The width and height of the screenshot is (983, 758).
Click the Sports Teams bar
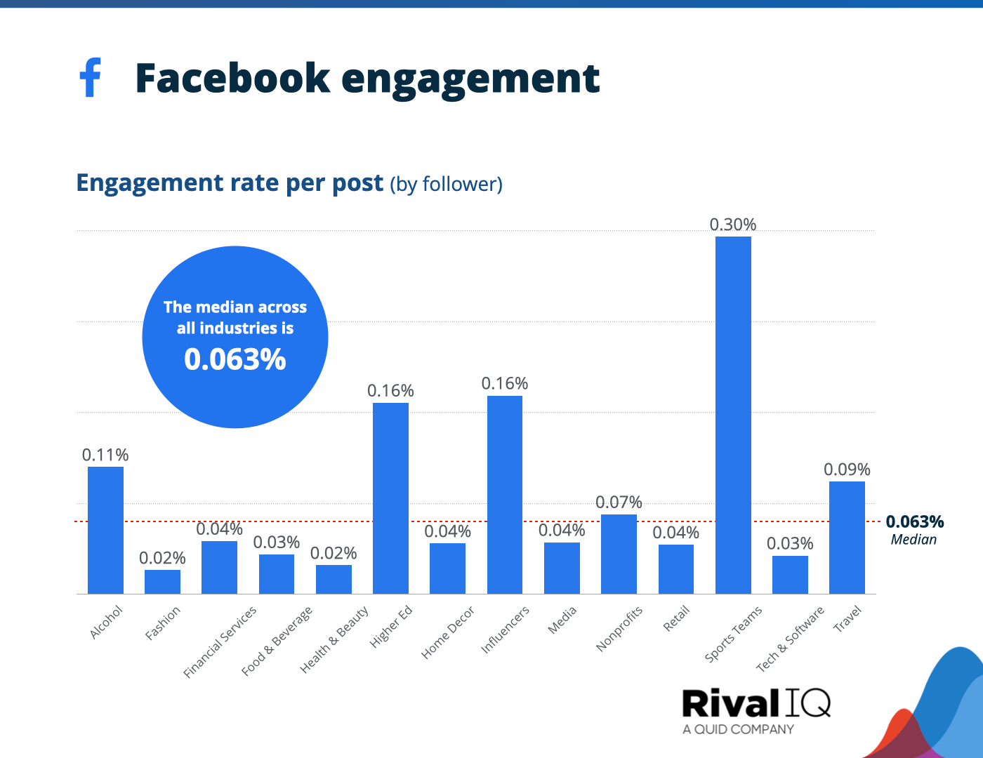(733, 415)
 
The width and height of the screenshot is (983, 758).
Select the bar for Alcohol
(105, 530)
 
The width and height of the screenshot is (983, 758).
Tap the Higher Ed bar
(390, 498)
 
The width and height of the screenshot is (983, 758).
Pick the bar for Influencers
(505, 495)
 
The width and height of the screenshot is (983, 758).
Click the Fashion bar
(162, 582)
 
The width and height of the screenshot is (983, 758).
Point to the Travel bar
(847, 538)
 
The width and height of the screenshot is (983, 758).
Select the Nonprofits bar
(619, 554)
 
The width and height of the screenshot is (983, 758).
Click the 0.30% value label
(732, 225)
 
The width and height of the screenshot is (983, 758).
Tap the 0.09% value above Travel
(847, 469)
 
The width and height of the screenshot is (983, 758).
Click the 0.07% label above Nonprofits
(619, 502)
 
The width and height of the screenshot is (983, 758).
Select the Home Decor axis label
(448, 632)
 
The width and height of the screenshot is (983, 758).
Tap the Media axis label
(562, 620)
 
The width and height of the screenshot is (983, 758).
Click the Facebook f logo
(90, 77)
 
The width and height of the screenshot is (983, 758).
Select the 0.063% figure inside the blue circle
(235, 359)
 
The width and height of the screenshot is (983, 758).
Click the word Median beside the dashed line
(913, 540)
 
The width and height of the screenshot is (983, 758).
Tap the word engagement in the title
(470, 79)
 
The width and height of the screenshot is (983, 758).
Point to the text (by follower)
(446, 184)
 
